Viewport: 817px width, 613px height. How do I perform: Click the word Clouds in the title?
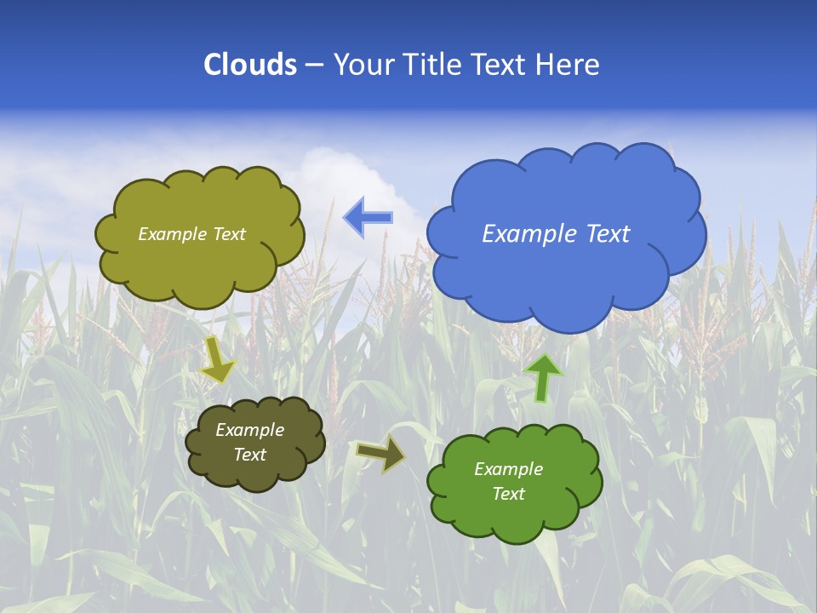250,64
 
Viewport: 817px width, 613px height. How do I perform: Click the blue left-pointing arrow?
368,217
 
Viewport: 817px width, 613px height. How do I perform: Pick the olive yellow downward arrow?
218,359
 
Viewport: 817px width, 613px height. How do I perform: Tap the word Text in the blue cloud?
608,234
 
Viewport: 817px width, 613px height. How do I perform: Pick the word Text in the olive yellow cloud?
228,234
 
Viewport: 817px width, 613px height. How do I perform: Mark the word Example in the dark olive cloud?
249,430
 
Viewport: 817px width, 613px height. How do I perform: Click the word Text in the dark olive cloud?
249,455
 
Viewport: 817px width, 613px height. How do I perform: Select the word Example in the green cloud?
508,469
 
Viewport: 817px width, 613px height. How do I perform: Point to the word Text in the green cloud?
508,494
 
